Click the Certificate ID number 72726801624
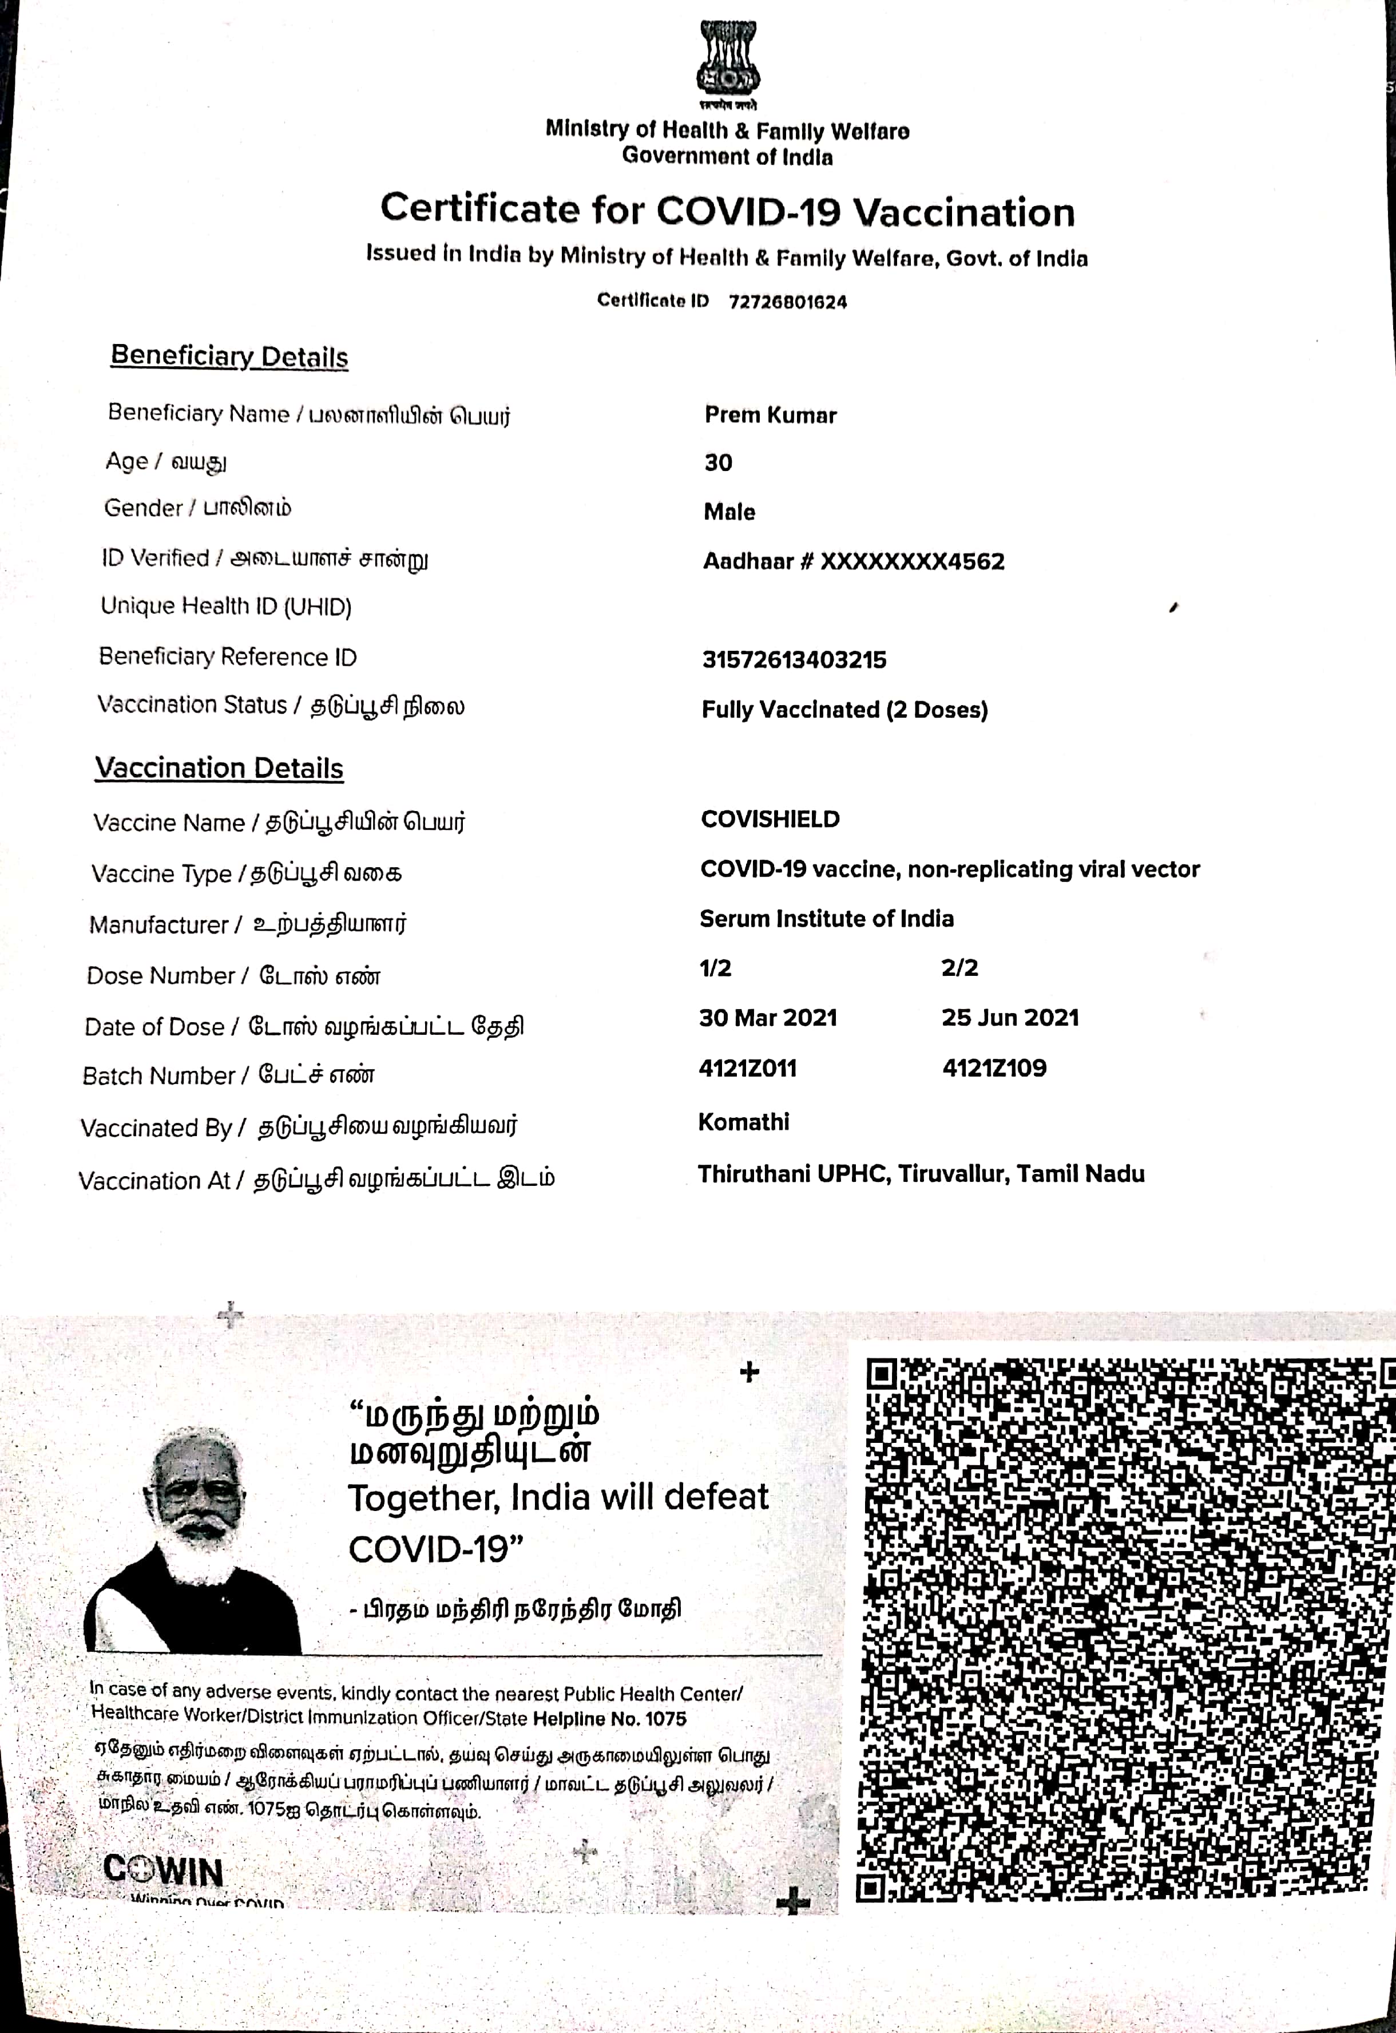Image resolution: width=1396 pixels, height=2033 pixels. (787, 302)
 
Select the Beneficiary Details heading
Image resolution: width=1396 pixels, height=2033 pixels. (229, 356)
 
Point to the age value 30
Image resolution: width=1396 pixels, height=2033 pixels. (718, 463)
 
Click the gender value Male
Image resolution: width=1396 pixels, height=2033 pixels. (729, 512)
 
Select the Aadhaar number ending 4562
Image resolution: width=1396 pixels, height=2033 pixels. (854, 561)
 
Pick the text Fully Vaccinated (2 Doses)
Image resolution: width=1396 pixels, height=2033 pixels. (844, 710)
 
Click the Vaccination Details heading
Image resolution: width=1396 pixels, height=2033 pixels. (219, 768)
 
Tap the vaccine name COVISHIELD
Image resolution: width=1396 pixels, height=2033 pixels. (770, 820)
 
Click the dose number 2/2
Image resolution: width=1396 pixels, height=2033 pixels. (959, 967)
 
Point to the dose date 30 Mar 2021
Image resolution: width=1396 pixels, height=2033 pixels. (767, 1018)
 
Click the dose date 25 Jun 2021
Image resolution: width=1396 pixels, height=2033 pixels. (1010, 1018)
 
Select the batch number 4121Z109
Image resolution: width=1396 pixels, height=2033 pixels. (994, 1068)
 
